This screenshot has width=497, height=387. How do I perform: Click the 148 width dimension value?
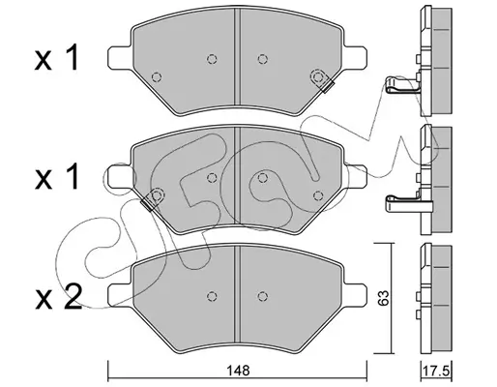[238, 371]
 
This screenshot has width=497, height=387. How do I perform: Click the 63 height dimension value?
[384, 298]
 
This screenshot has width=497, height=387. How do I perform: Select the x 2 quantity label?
[58, 297]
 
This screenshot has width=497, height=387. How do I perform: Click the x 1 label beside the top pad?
[57, 58]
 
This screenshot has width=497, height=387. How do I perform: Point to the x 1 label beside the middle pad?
[57, 177]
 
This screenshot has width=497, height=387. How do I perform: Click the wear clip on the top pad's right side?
[323, 81]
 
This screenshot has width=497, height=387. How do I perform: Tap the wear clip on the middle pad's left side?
[153, 199]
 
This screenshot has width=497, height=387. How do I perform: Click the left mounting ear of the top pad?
[120, 57]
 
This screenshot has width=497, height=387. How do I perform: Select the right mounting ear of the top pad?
[355, 57]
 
